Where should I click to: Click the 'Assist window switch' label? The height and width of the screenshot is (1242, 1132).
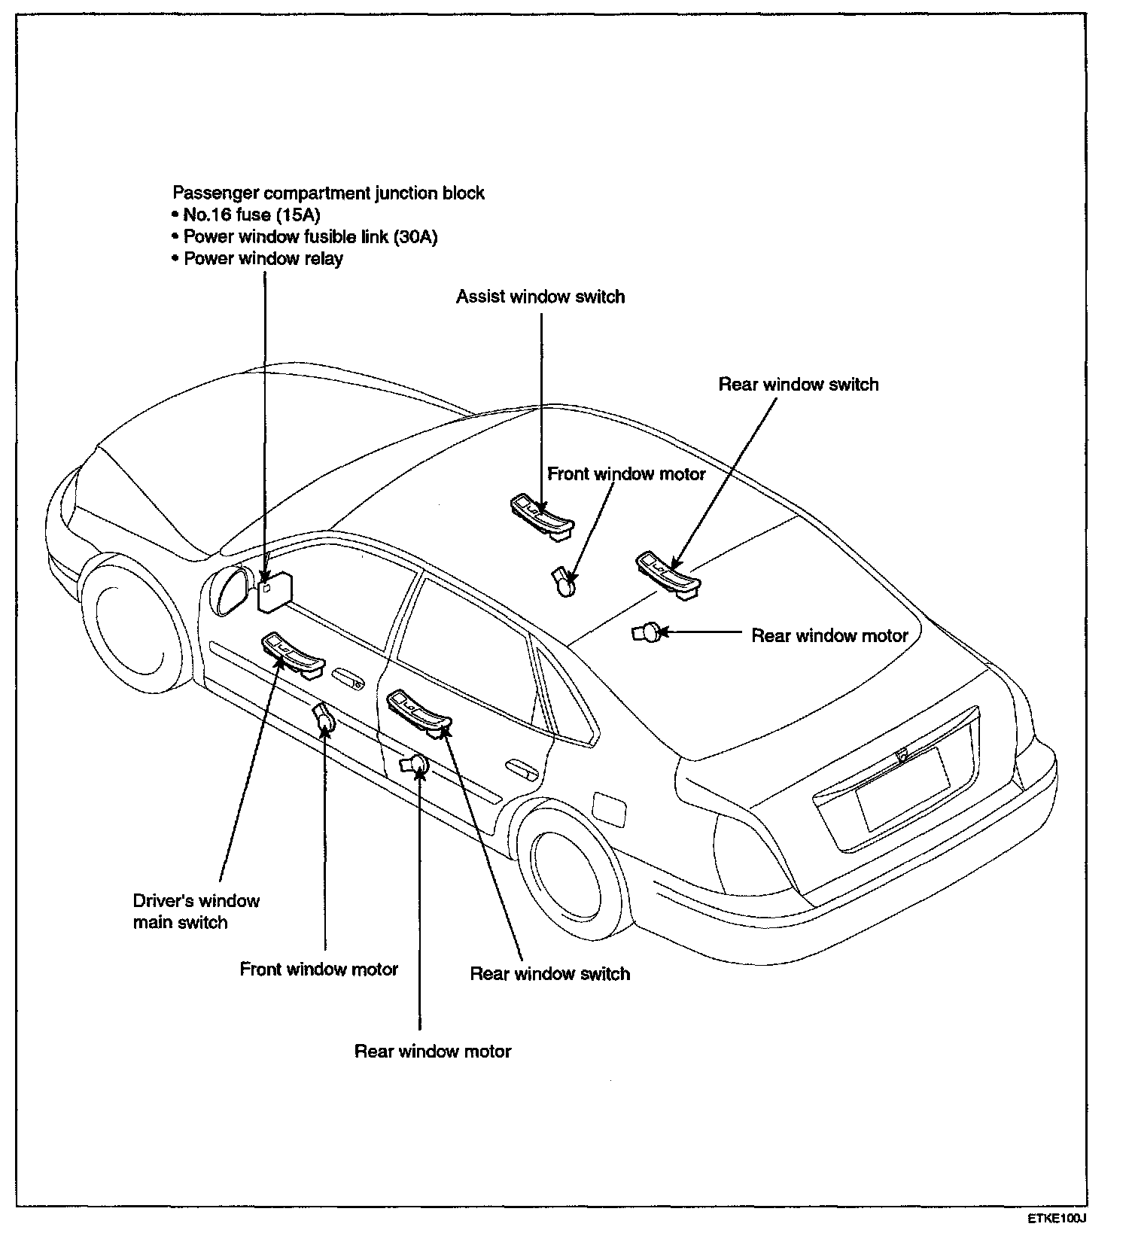click(540, 297)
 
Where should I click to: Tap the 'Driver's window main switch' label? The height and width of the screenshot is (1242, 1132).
click(196, 912)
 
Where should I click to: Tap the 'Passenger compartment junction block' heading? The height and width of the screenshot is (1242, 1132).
click(328, 193)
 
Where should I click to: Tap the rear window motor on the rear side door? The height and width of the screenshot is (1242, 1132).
click(416, 765)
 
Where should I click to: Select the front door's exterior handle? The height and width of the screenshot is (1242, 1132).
click(348, 677)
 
